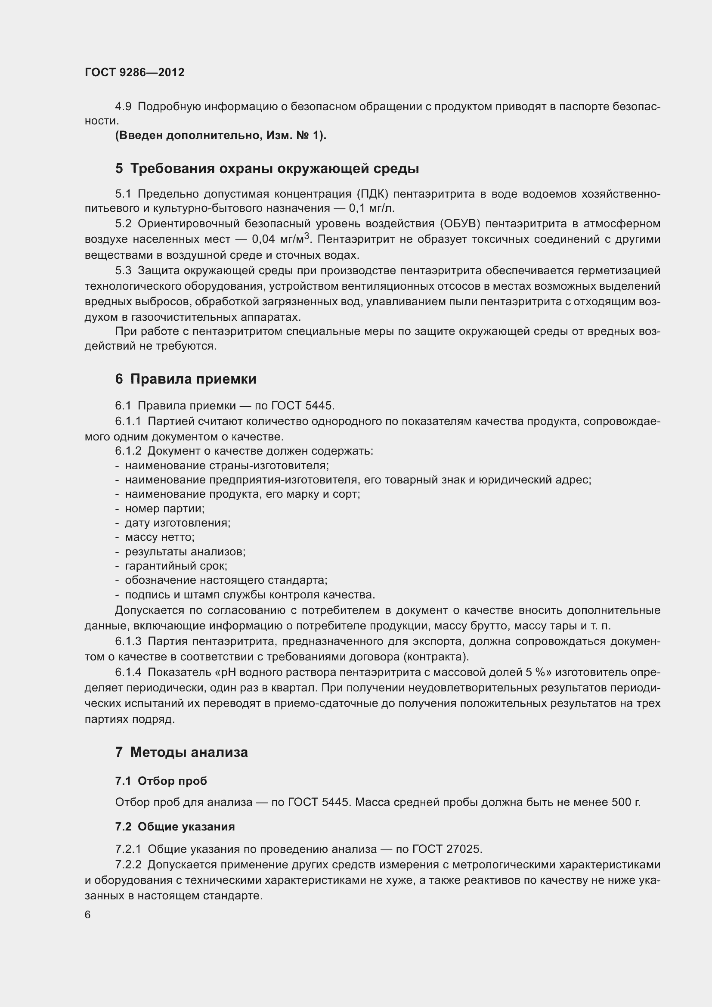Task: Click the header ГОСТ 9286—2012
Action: pos(134,72)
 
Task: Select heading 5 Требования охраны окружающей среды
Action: pos(266,168)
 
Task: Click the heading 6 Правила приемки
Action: pos(186,378)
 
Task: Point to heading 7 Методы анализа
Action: pos(181,752)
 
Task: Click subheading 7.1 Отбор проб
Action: pos(161,781)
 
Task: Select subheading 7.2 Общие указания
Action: pos(174,826)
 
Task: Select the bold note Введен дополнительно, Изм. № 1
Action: pos(220,136)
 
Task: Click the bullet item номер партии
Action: pos(164,508)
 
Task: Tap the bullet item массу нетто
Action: pos(160,537)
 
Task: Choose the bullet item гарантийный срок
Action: pos(176,566)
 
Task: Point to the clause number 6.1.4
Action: pos(128,672)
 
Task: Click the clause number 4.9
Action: pos(123,107)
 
